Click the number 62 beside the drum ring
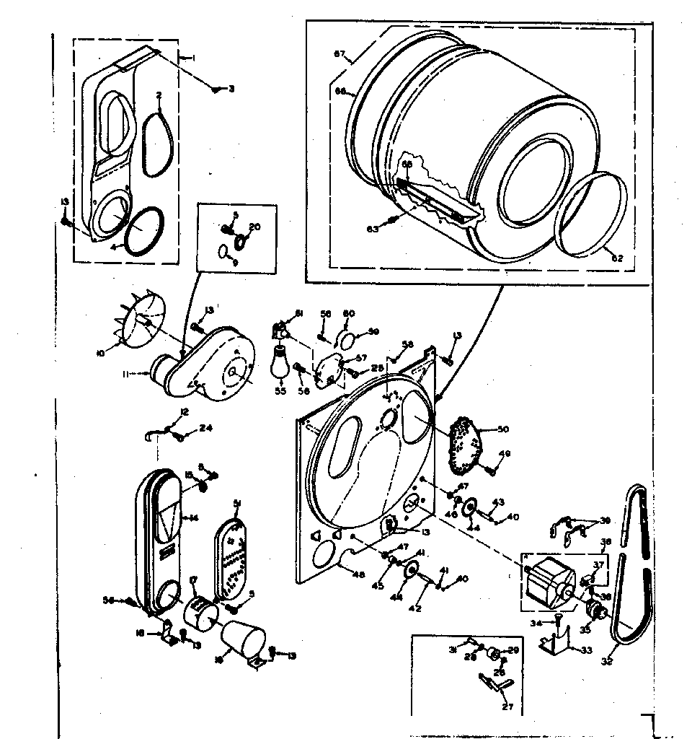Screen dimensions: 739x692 click(617, 258)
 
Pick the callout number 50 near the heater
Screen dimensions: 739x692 click(502, 429)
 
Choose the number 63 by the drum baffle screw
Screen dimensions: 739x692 click(372, 229)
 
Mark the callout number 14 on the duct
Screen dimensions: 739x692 click(192, 517)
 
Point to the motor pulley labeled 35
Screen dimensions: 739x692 click(597, 612)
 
